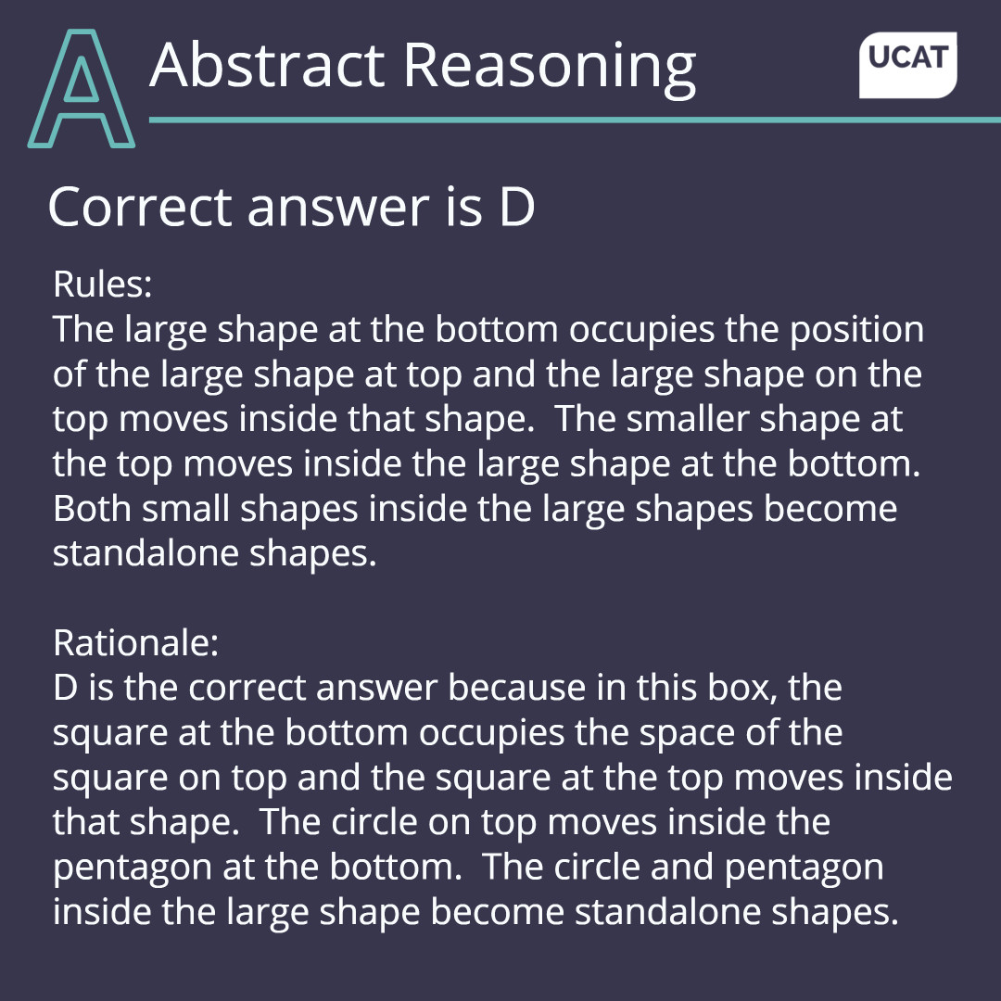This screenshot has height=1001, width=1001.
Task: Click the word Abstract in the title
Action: pos(266,66)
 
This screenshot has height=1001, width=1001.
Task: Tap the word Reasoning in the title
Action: pos(549,68)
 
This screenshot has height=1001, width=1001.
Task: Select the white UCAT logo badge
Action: pos(908,64)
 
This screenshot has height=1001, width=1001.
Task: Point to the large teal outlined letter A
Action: pos(82,89)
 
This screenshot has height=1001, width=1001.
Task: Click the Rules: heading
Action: pos(102,285)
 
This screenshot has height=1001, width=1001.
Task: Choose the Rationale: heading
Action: pos(135,642)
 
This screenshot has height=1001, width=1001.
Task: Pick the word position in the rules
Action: pos(856,330)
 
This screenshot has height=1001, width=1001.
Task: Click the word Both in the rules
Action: pos(90,509)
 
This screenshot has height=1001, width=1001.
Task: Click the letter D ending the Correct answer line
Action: pos(517,208)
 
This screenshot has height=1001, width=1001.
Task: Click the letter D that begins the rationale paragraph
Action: pos(66,688)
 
